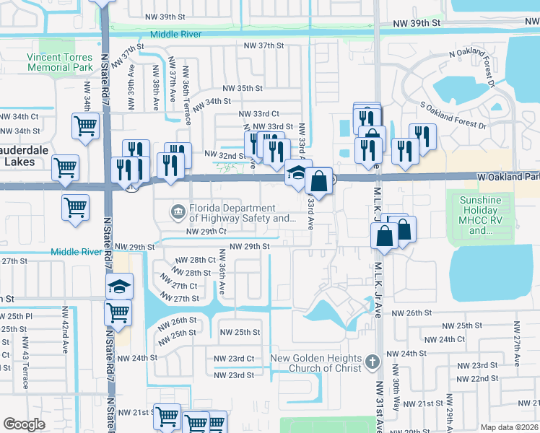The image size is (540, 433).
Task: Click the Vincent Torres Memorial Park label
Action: tap(60, 62)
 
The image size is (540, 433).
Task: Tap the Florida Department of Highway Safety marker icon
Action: tap(177, 212)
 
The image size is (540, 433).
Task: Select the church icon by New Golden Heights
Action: tap(372, 360)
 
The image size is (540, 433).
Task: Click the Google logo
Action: tap(24, 424)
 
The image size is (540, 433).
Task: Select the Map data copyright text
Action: tap(509, 427)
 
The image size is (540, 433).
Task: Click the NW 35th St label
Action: tap(242, 88)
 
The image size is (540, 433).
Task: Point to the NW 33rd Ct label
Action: tap(258, 114)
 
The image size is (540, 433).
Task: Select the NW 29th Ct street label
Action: tap(206, 232)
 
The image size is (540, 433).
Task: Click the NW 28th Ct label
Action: tap(196, 260)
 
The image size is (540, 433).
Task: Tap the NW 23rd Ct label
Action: tap(234, 359)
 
